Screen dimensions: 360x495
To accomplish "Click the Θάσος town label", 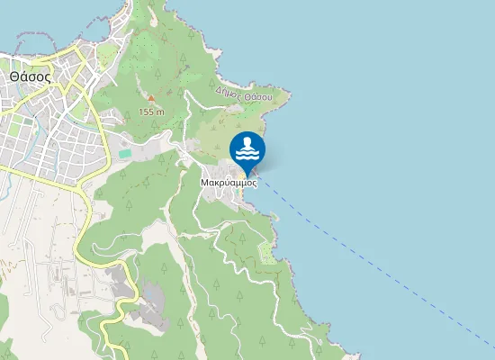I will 30,76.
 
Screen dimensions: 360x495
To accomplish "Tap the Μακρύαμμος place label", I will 229,181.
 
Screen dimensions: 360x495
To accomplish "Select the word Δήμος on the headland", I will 229,92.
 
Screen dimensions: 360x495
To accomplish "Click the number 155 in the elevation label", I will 148,112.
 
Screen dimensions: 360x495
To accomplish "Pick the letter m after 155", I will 161,112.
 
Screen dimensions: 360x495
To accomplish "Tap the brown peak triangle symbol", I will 151,98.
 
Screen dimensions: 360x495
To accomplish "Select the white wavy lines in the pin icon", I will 247,154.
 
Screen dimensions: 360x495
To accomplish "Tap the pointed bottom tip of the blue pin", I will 247,175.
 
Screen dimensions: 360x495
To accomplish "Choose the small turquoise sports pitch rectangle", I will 124,154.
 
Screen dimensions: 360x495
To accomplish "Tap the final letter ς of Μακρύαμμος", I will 255,182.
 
